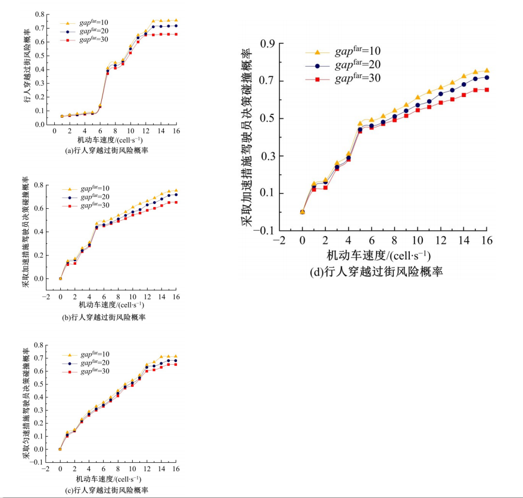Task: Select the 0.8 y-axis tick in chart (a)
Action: (x=39, y=14)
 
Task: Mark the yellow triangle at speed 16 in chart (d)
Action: (x=486, y=70)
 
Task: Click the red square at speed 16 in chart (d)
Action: (x=486, y=89)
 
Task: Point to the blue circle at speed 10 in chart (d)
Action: (x=417, y=105)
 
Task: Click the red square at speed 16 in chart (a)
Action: (x=176, y=34)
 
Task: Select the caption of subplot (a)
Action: (x=106, y=151)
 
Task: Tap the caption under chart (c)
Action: (x=106, y=490)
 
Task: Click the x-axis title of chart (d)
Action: (x=379, y=255)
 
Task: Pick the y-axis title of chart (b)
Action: (x=26, y=231)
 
